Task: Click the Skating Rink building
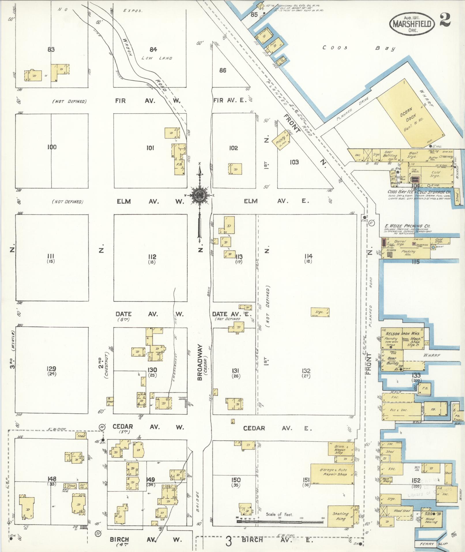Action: pyautogui.click(x=341, y=516)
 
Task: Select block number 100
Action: pyautogui.click(x=52, y=147)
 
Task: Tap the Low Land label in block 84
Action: pyautogui.click(x=157, y=58)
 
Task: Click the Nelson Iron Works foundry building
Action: pyautogui.click(x=393, y=339)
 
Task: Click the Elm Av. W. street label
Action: pyautogui.click(x=150, y=201)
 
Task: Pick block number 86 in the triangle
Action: pyautogui.click(x=223, y=70)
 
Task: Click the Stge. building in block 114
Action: pyautogui.click(x=320, y=312)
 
